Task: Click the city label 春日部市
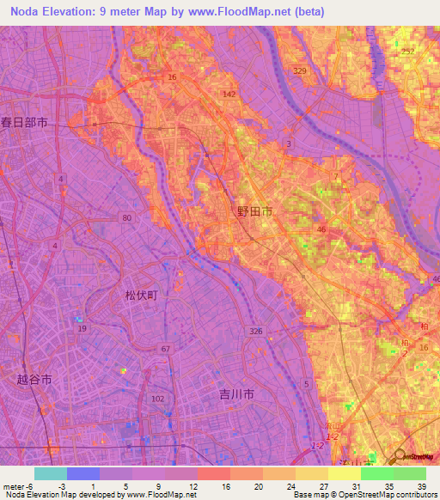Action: pos(24,123)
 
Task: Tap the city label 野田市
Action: pos(255,211)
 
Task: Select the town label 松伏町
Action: pos(140,295)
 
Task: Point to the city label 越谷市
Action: pos(35,379)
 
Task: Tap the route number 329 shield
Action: pos(300,71)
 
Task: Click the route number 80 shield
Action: pos(127,218)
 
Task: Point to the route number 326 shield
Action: pos(256,331)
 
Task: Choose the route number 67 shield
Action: pos(165,348)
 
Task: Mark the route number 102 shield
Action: pos(157,399)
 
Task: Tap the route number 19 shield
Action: pos(82,329)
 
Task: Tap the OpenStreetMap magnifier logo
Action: pos(400,458)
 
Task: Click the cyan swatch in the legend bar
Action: pos(50,473)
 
